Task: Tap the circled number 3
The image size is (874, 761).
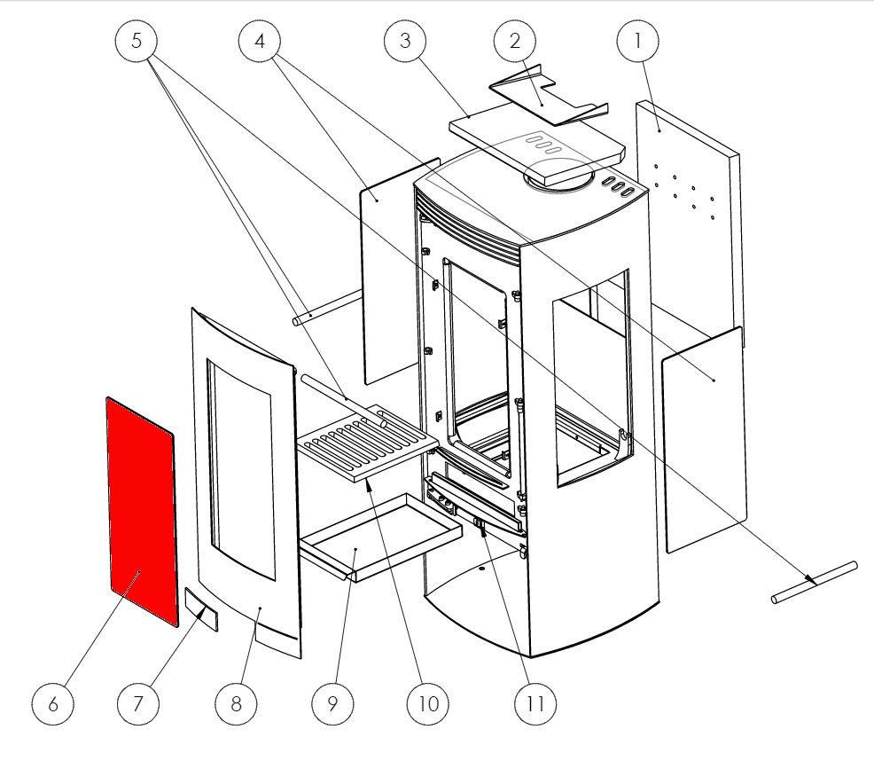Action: pyautogui.click(x=405, y=43)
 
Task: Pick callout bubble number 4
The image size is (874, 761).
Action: pyautogui.click(x=259, y=43)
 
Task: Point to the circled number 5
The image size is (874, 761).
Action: pyautogui.click(x=137, y=43)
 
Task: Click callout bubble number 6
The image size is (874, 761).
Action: pyautogui.click(x=53, y=703)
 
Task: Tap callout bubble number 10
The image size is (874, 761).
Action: pyautogui.click(x=428, y=703)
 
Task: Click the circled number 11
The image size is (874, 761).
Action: pyautogui.click(x=535, y=703)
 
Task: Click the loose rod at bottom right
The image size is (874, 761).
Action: pyautogui.click(x=814, y=583)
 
